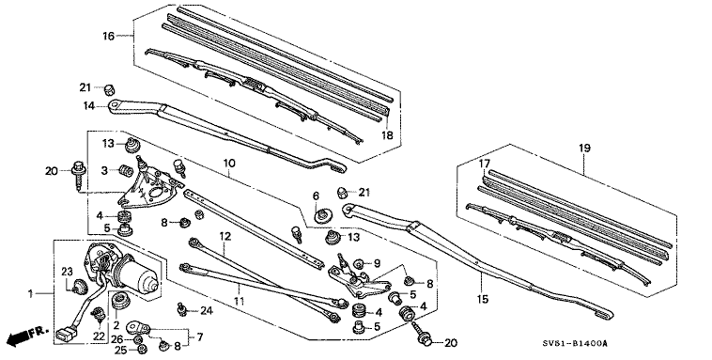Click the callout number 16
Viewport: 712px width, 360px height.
click(108, 36)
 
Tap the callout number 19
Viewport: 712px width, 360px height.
click(584, 149)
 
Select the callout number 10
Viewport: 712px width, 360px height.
click(229, 163)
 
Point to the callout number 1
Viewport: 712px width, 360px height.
click(30, 294)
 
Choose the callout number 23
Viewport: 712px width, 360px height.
click(67, 273)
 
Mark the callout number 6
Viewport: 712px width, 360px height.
click(316, 196)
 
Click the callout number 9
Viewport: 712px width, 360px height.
click(376, 262)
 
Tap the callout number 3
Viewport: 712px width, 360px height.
click(104, 171)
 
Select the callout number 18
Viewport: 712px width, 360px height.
click(387, 135)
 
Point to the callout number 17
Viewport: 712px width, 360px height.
click(485, 163)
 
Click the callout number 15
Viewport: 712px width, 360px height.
click(482, 299)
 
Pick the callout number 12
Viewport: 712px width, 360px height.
click(225, 236)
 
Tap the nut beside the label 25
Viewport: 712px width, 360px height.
click(140, 350)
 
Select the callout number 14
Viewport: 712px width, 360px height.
click(89, 106)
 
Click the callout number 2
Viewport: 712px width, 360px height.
click(116, 324)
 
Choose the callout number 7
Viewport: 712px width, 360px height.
click(200, 337)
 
